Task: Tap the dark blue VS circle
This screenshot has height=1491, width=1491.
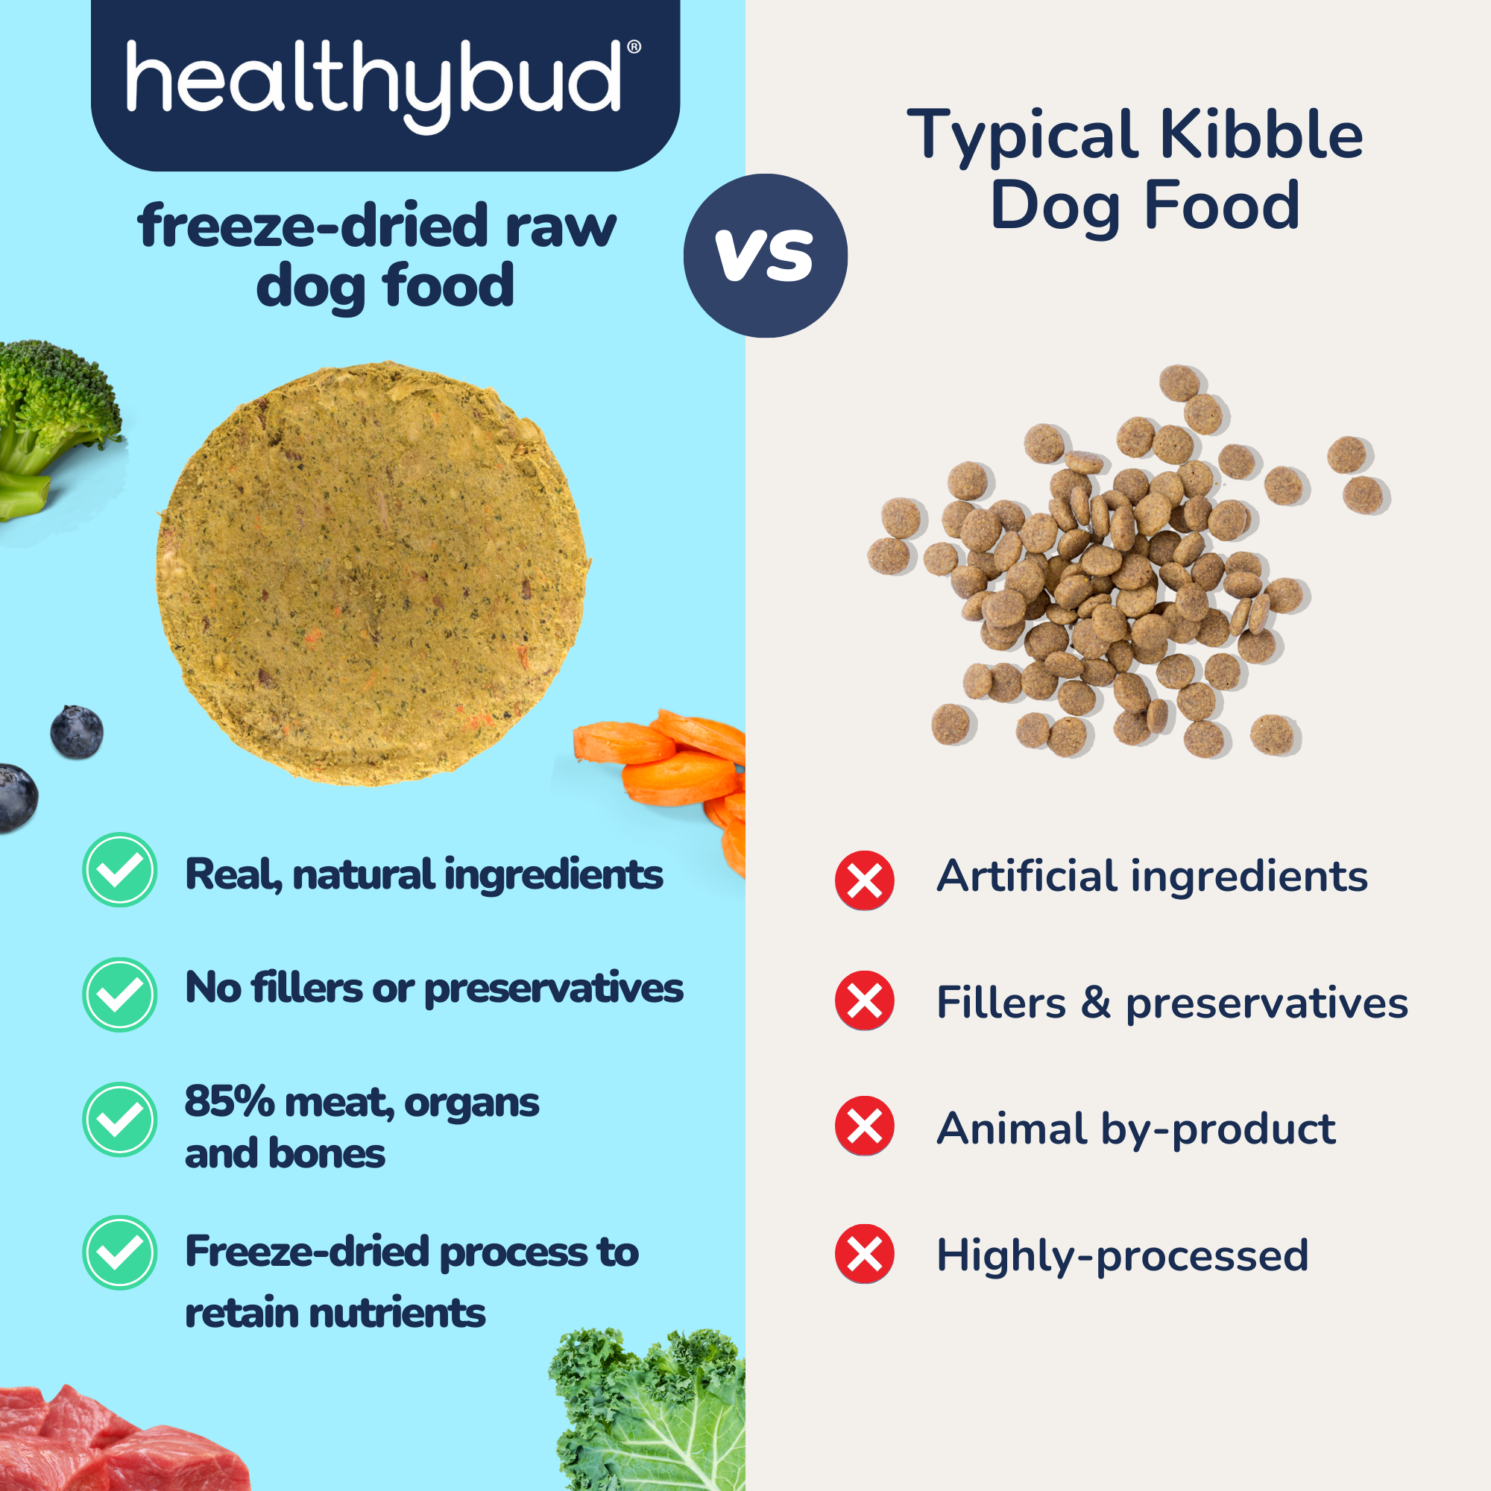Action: click(x=765, y=256)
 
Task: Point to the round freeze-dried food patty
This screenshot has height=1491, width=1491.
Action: click(x=373, y=573)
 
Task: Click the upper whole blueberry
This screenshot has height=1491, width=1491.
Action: click(x=76, y=731)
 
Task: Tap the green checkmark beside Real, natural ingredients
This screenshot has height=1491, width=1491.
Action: click(x=119, y=870)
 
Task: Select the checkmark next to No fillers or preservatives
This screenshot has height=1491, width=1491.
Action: click(x=119, y=994)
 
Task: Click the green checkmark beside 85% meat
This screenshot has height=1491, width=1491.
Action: click(x=119, y=1119)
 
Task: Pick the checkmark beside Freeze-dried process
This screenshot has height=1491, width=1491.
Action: click(x=119, y=1252)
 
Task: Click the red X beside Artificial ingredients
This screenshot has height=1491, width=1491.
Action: click(x=864, y=880)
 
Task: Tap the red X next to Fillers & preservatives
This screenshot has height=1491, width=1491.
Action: click(x=864, y=1001)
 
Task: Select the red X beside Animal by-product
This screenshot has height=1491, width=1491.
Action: click(x=864, y=1126)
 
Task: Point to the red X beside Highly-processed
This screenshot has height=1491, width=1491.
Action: click(x=864, y=1254)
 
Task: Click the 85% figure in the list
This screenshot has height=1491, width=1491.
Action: click(x=229, y=1101)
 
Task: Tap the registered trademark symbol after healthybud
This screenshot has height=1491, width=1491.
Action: click(x=634, y=47)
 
